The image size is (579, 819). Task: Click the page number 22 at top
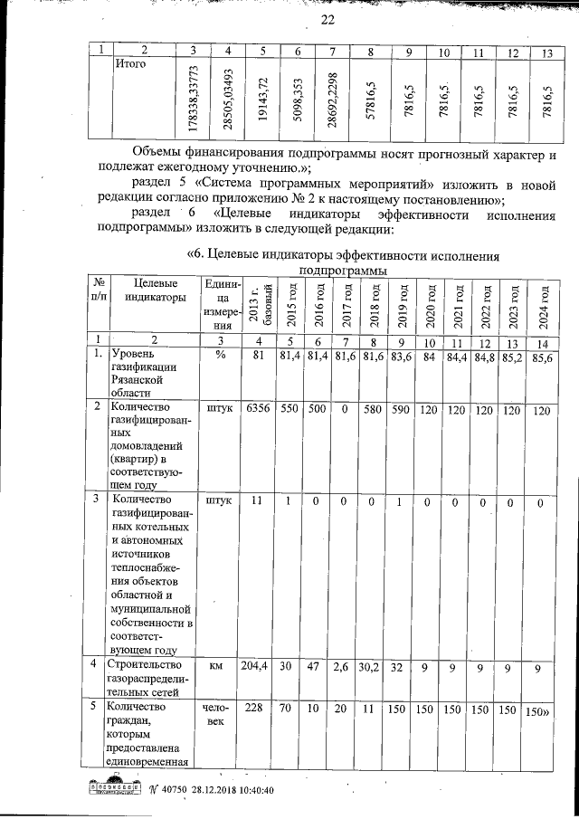[327, 22]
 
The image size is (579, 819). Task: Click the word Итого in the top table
[131, 64]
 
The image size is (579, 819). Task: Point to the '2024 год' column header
[544, 306]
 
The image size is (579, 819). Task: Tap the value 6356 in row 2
[258, 409]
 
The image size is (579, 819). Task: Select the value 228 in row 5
[257, 708]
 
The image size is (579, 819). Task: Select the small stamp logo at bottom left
[112, 789]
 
